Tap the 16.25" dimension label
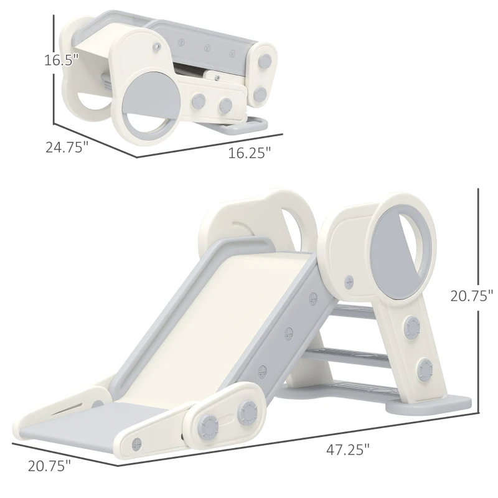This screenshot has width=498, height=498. (x=250, y=153)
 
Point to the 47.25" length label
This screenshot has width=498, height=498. (x=349, y=448)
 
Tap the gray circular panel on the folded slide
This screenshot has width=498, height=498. (x=148, y=103)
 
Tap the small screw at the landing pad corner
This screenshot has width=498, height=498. (x=137, y=443)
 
